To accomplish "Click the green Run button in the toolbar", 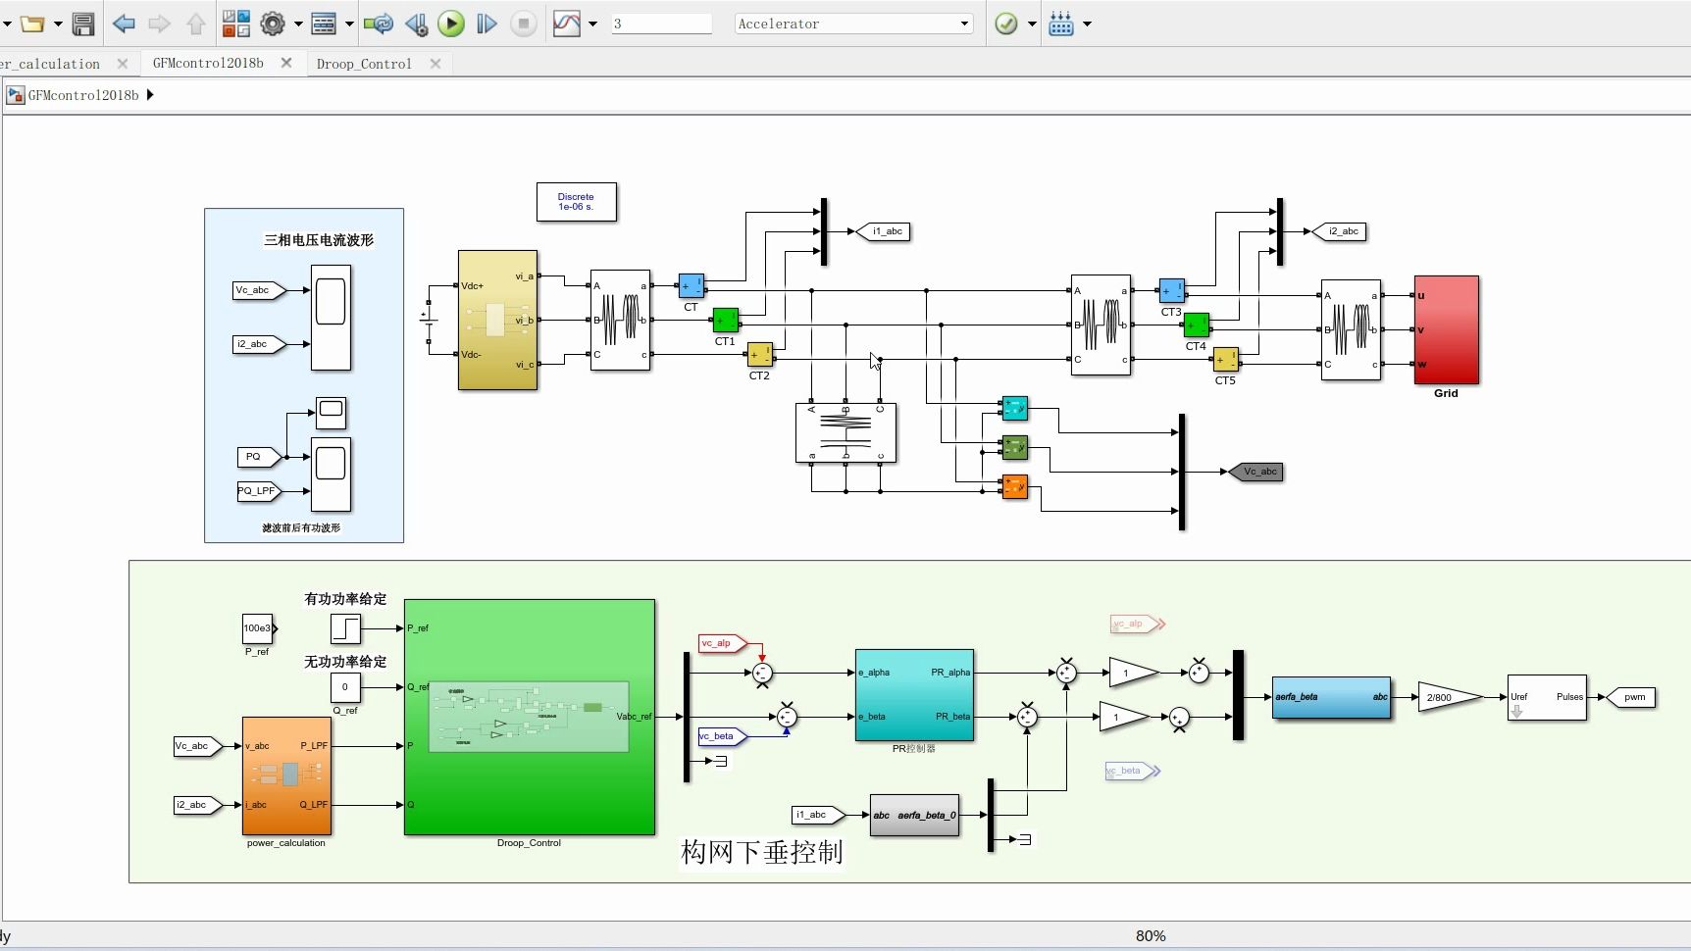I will coord(451,24).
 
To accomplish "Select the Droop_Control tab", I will coord(364,64).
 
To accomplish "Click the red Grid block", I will coord(1446,329).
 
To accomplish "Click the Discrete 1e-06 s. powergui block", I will coord(577,202).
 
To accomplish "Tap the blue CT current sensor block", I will coord(692,286).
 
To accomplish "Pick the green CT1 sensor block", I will coord(726,321).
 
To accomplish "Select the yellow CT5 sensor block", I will coord(1225,360).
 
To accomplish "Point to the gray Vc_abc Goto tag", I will coord(1257,472).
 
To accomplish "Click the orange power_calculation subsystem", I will coord(286,776).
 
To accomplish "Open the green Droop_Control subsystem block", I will coord(530,717).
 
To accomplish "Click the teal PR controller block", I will coord(914,695).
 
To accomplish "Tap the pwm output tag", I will coord(1631,697).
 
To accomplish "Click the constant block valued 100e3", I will coord(258,628).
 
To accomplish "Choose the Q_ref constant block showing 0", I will coord(345,687).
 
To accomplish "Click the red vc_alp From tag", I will coord(720,643).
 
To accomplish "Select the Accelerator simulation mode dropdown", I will coord(853,24).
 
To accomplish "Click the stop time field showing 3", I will coord(661,24).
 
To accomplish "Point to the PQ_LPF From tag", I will coord(258,491).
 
